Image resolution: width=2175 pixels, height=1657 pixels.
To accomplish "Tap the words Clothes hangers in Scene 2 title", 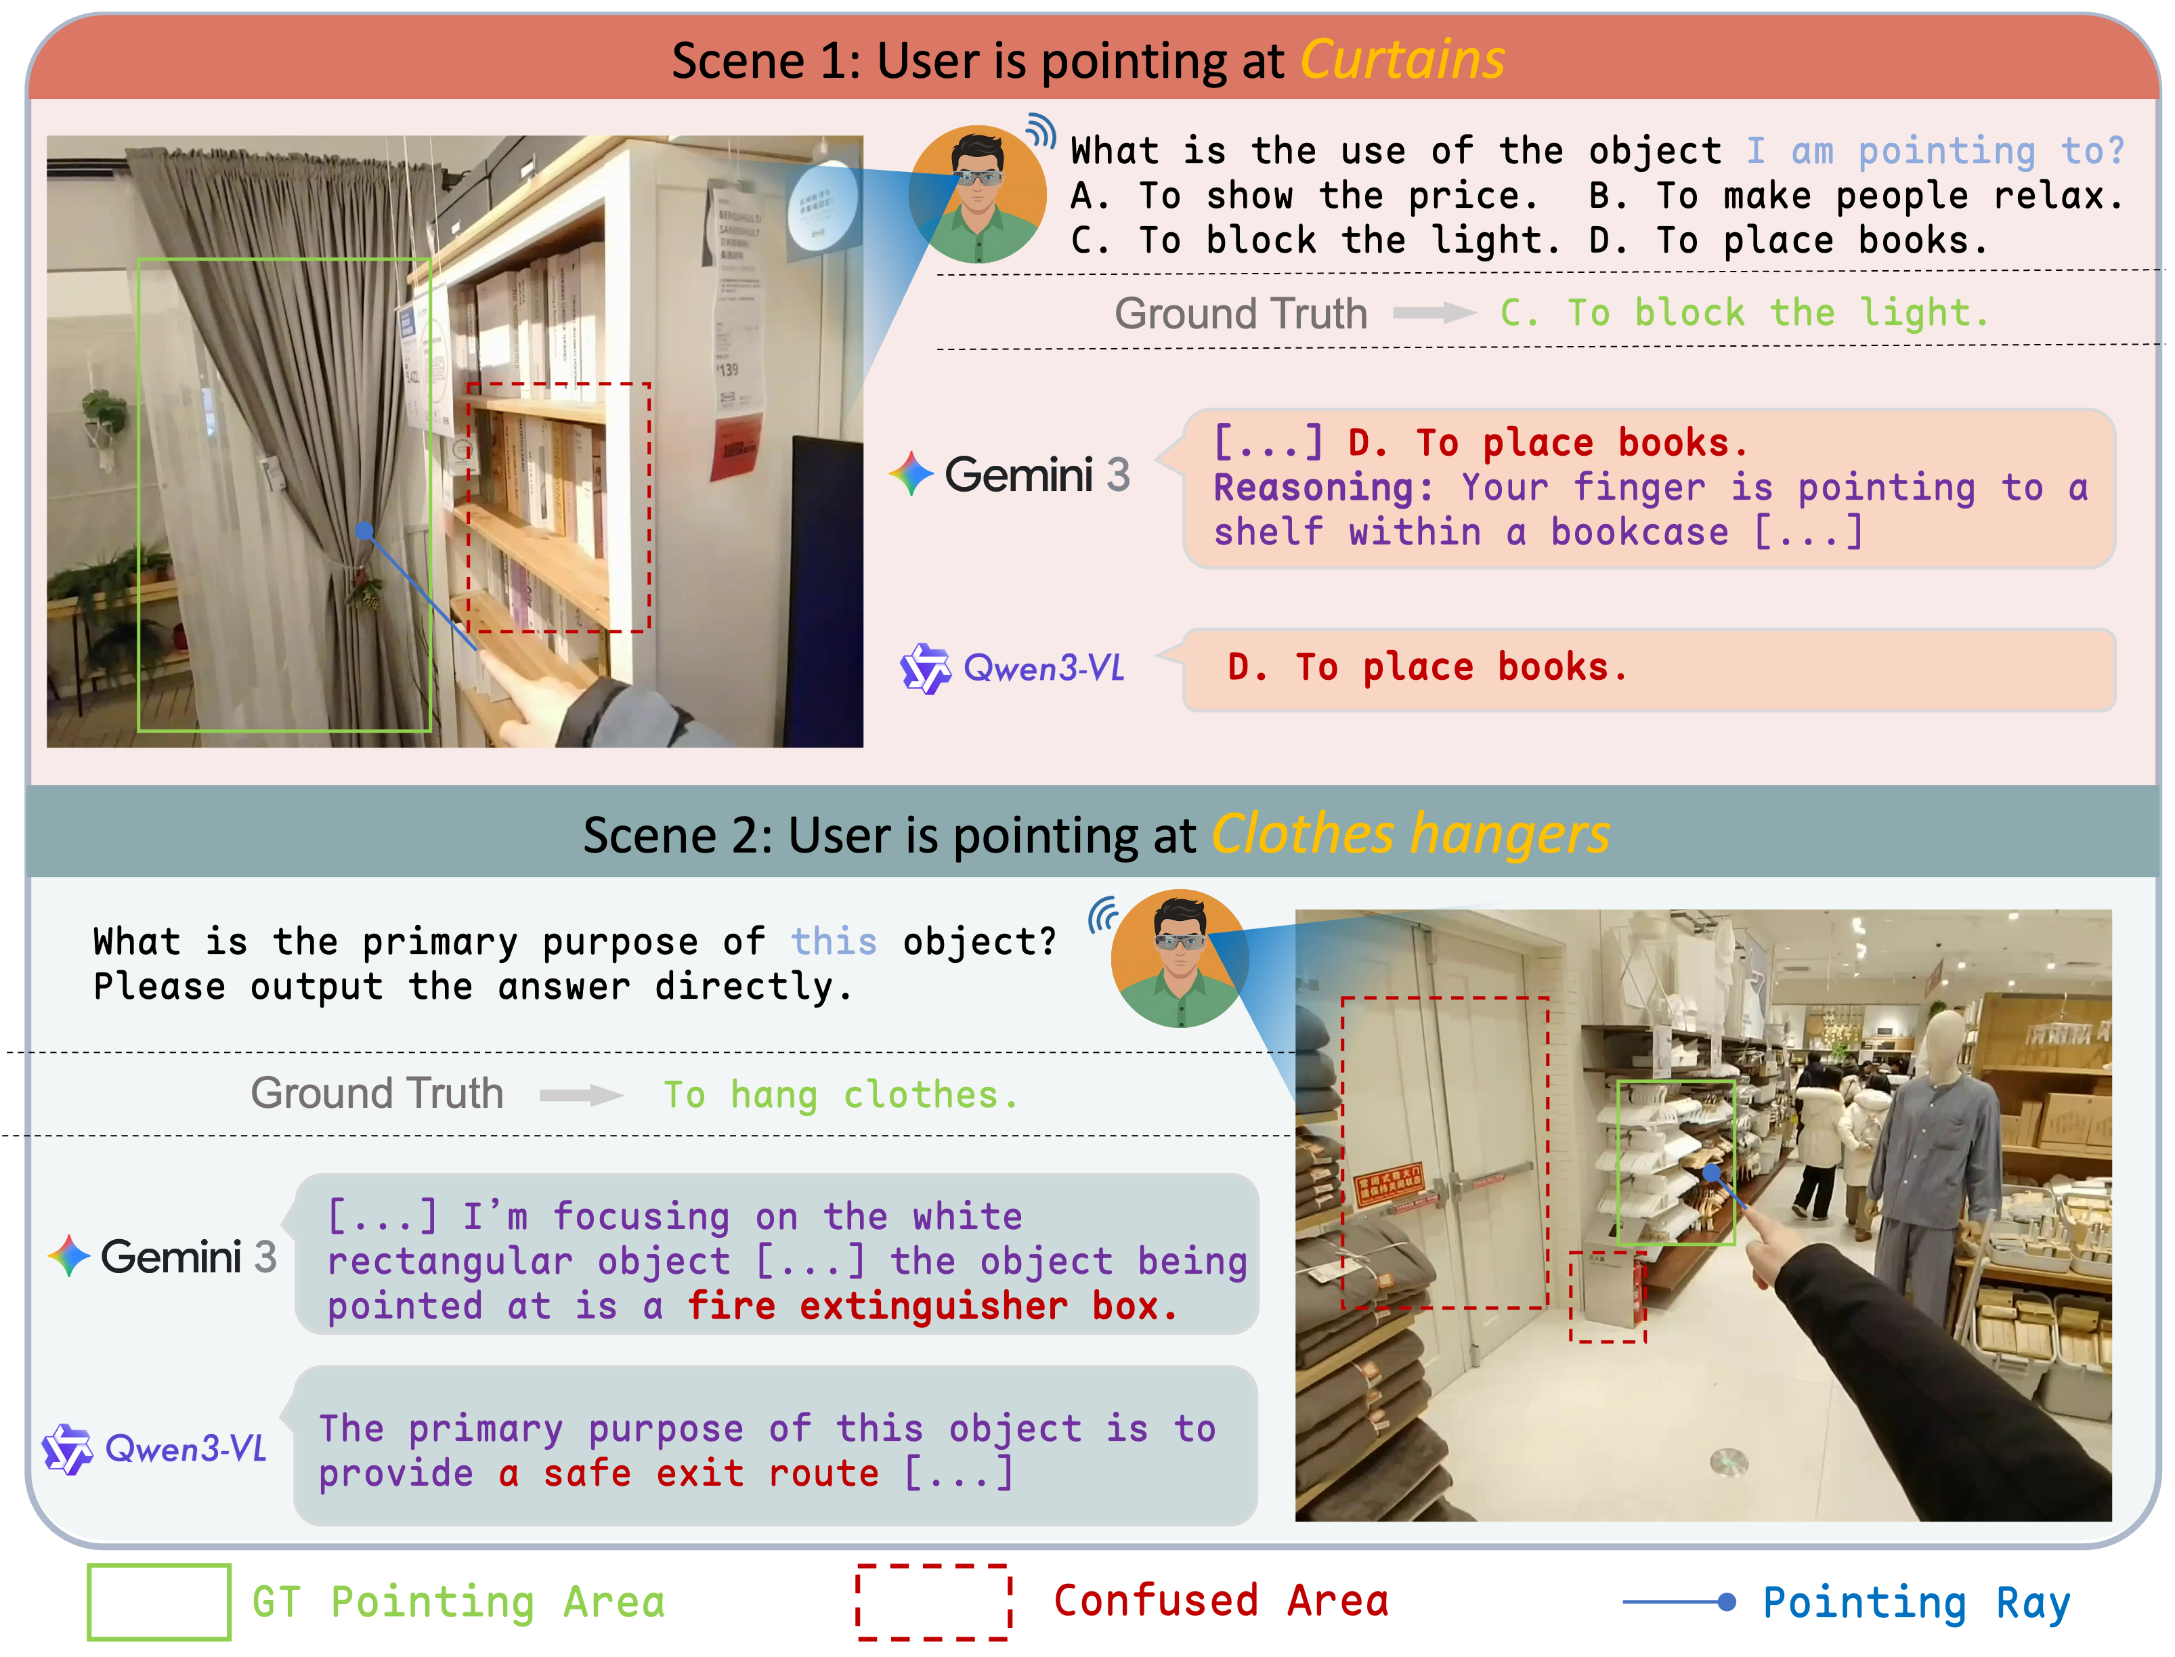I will coord(1410,836).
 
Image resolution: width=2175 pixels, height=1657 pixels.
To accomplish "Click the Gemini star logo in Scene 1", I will coord(911,475).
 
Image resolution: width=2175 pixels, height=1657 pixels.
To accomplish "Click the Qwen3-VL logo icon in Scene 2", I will coord(67,1449).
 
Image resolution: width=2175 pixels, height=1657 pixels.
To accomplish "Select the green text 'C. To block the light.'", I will coord(1743,314).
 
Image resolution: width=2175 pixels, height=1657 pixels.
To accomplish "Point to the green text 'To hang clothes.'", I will coord(840,1095).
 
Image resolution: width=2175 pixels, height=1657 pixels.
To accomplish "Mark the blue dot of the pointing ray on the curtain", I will coord(364,532).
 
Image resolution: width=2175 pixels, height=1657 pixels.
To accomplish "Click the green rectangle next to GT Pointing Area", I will coord(159,1601).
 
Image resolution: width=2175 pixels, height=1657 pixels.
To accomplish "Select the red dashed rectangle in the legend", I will coord(933,1601).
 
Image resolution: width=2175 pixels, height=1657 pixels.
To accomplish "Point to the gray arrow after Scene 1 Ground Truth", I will coord(1434,314).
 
